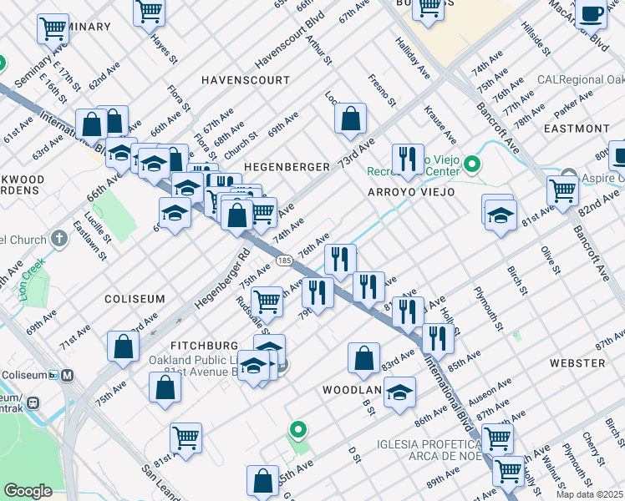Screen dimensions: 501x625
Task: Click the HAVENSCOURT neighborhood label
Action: click(x=245, y=81)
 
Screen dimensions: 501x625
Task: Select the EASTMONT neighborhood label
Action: click(x=576, y=129)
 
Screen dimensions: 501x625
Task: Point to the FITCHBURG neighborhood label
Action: click(x=205, y=345)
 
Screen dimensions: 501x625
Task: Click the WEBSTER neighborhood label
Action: click(x=577, y=363)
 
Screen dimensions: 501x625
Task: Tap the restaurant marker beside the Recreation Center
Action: click(x=407, y=159)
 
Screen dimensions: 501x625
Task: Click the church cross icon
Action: click(x=58, y=239)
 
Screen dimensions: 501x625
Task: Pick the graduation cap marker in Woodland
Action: click(x=400, y=392)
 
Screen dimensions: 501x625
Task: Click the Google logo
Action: click(x=28, y=491)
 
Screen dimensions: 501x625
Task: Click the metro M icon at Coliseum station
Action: click(x=65, y=375)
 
